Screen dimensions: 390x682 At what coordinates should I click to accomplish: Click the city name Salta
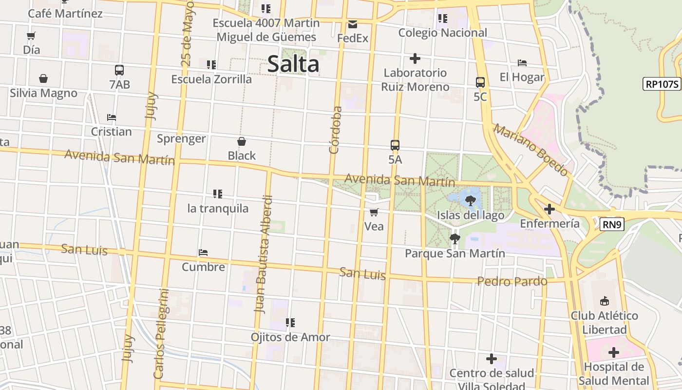pyautogui.click(x=293, y=64)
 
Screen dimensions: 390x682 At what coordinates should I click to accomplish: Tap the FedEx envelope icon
pyautogui.click(x=353, y=24)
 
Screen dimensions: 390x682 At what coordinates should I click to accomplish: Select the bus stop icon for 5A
pyautogui.click(x=395, y=145)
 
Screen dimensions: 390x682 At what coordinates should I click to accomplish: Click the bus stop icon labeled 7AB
pyautogui.click(x=119, y=70)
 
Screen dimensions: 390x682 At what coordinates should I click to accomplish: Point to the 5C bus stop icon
pyautogui.click(x=480, y=82)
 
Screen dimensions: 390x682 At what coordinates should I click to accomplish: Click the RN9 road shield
pyautogui.click(x=612, y=224)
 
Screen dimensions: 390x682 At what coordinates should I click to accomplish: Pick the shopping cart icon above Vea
pyautogui.click(x=374, y=212)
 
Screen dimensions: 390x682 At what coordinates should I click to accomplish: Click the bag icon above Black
pyautogui.click(x=241, y=141)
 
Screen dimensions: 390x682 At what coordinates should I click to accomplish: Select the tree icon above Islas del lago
pyautogui.click(x=470, y=200)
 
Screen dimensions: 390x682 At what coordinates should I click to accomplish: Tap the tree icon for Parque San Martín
pyautogui.click(x=455, y=239)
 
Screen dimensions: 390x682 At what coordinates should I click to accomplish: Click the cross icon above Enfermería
pyautogui.click(x=549, y=209)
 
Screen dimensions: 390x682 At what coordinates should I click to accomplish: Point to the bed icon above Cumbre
pyautogui.click(x=203, y=253)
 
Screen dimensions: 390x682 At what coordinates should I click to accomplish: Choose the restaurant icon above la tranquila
pyautogui.click(x=217, y=194)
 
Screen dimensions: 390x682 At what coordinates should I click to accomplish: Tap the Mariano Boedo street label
pyautogui.click(x=530, y=150)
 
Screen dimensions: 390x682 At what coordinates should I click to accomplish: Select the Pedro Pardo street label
pyautogui.click(x=512, y=281)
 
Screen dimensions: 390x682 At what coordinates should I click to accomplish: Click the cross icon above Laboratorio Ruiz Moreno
pyautogui.click(x=415, y=58)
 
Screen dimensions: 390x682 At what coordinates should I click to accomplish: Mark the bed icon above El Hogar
pyautogui.click(x=522, y=63)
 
